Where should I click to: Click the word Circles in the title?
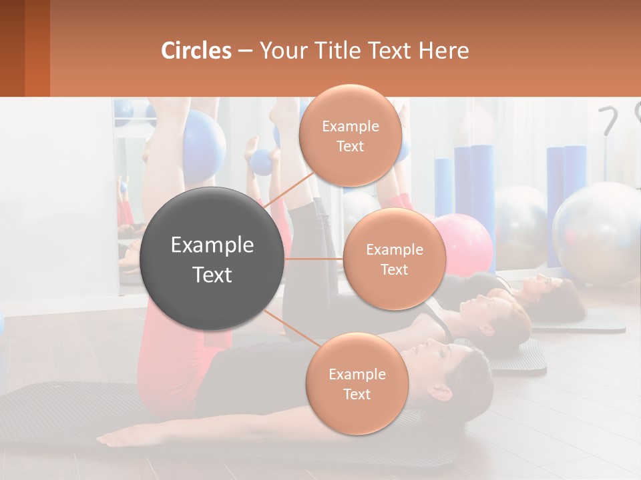tap(196, 51)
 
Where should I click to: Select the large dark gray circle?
tap(212, 259)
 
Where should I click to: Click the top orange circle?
tap(351, 135)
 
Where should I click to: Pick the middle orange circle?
tap(394, 259)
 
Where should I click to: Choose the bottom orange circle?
tap(357, 383)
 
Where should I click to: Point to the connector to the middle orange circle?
tap(314, 259)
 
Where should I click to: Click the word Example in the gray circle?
tap(212, 245)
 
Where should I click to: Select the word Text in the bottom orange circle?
tap(357, 394)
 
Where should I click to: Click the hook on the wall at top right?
tap(609, 120)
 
